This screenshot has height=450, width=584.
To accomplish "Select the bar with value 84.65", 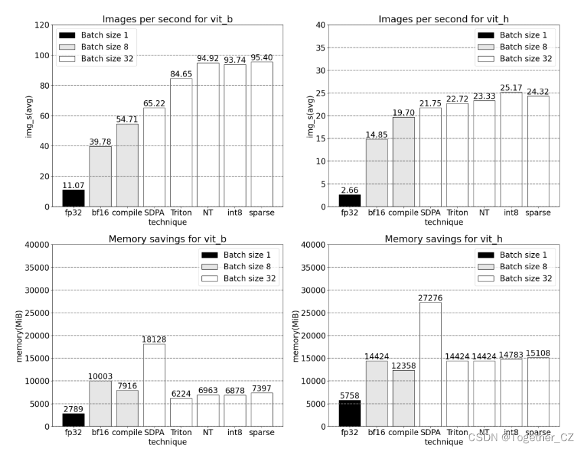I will point(181,143).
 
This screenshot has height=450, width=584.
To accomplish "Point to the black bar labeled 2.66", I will point(350,200).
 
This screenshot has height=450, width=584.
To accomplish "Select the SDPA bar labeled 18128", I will point(154,385).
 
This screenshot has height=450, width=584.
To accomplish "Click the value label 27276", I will point(430,297).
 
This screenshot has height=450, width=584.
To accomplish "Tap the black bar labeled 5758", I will point(350,413).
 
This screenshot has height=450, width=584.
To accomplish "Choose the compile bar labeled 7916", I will point(127,408).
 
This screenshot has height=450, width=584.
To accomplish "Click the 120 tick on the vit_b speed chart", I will point(42,25).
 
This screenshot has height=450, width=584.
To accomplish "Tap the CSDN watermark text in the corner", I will point(520,437).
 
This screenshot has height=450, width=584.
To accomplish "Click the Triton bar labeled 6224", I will point(181,412).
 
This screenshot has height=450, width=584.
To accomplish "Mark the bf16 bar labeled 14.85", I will point(377,173).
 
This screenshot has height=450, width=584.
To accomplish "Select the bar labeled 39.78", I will point(100,176).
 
